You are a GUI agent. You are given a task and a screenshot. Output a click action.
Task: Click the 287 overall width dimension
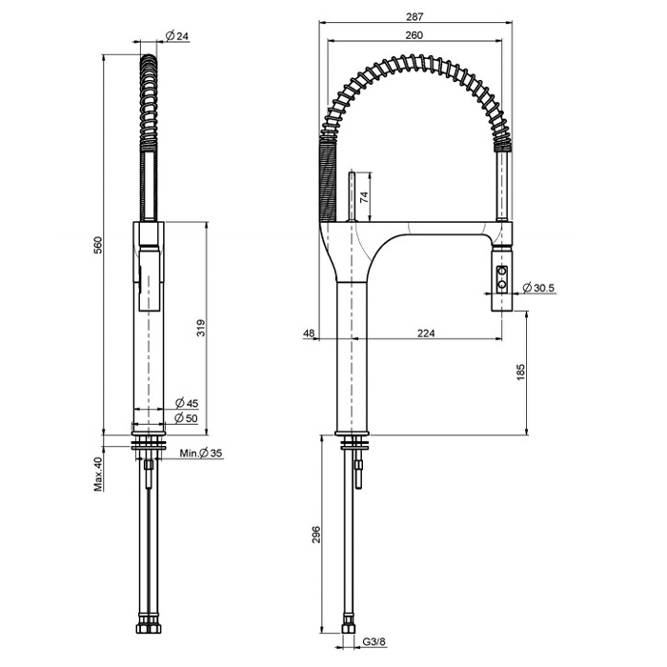click(x=414, y=16)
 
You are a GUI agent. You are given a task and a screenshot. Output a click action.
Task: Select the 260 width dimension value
click(x=414, y=35)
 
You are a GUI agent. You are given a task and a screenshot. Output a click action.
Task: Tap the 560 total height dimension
click(x=97, y=245)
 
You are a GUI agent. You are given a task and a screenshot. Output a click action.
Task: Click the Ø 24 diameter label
click(x=176, y=36)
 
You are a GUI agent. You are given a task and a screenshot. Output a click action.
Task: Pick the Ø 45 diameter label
click(x=186, y=404)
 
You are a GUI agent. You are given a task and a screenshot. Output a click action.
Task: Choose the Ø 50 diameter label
click(x=186, y=418)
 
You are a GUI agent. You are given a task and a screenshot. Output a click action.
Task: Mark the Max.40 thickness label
click(x=97, y=474)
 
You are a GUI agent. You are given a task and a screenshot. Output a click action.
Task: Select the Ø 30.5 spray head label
click(x=538, y=287)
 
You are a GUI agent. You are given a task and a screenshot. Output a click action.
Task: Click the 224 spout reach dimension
click(x=426, y=333)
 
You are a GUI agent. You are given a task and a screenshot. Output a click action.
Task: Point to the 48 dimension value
click(x=309, y=333)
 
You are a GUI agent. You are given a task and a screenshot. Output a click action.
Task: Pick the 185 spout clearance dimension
click(x=521, y=373)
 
